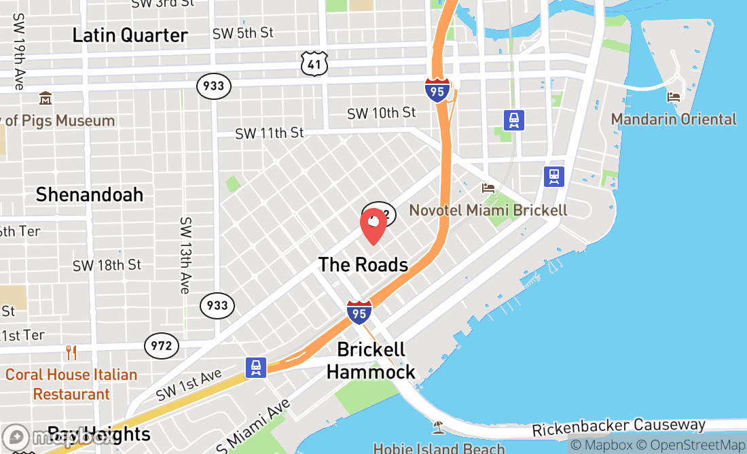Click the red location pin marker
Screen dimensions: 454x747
373,226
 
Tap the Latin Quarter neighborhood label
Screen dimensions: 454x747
130,35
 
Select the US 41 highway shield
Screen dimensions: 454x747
314,64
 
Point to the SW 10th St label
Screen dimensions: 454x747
381,113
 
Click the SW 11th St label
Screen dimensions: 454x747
270,133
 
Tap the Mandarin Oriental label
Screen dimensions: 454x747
674,120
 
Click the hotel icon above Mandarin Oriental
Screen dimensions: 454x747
674,97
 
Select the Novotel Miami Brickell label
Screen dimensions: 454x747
488,210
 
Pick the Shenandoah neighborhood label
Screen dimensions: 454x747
90,195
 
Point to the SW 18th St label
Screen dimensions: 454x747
107,265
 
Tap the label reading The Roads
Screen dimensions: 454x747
363,265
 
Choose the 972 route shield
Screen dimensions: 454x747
162,346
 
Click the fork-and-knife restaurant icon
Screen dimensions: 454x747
71,352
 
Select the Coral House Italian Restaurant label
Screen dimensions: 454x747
71,384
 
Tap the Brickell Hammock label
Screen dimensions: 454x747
371,361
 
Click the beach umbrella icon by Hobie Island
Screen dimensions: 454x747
438,427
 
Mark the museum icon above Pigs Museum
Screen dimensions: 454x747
45,99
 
